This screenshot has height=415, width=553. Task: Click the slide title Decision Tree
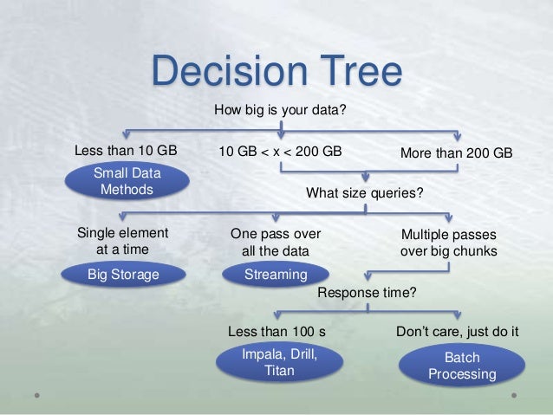tap(276, 73)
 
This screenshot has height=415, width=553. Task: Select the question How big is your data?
tap(280, 110)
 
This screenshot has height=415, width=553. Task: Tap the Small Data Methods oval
tap(127, 181)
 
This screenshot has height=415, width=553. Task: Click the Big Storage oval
tap(123, 276)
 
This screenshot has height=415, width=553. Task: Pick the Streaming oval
tap(276, 276)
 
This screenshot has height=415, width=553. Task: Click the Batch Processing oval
tap(461, 366)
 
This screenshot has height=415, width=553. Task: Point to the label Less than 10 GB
tap(126, 151)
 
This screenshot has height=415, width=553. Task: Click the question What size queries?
tap(365, 193)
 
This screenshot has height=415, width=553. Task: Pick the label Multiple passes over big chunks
tap(448, 243)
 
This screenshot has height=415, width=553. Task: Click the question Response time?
tap(368, 294)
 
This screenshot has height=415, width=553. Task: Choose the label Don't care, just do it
tap(457, 331)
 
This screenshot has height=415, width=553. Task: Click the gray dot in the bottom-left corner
tap(36, 397)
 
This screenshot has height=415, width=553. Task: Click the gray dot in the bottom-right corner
tap(516, 397)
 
